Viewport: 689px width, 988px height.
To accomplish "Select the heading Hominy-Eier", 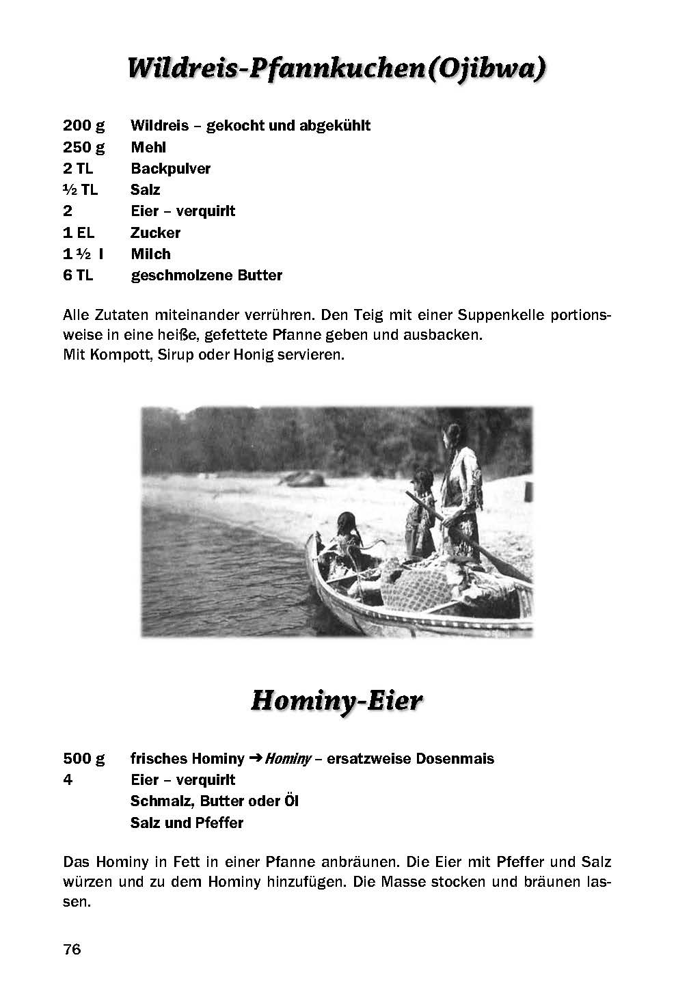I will (x=337, y=701).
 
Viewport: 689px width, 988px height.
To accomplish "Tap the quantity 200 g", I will (x=83, y=126).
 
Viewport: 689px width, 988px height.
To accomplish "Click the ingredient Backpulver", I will (x=170, y=169).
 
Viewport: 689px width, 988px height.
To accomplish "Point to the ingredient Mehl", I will (x=148, y=147).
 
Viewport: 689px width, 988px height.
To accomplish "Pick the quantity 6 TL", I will (x=78, y=276).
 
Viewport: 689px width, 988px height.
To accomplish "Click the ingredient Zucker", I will (x=155, y=232).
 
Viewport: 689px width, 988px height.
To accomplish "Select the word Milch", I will (x=150, y=254).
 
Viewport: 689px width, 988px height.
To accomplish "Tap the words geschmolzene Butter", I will (x=206, y=276).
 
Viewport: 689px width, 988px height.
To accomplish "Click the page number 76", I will (x=72, y=950).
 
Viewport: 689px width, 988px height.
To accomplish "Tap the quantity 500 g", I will (x=83, y=759).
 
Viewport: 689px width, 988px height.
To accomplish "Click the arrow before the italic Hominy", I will (x=255, y=759).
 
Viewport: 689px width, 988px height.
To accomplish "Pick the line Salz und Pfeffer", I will (x=187, y=823).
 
